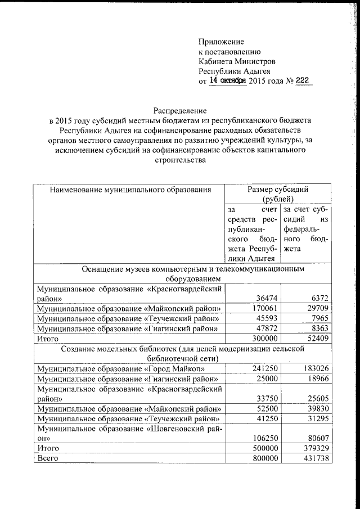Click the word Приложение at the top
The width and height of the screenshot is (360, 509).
[x=221, y=42]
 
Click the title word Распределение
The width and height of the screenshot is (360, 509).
[x=180, y=111]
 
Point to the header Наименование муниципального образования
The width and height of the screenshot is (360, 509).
[x=130, y=190]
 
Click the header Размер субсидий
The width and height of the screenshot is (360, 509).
[x=277, y=190]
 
